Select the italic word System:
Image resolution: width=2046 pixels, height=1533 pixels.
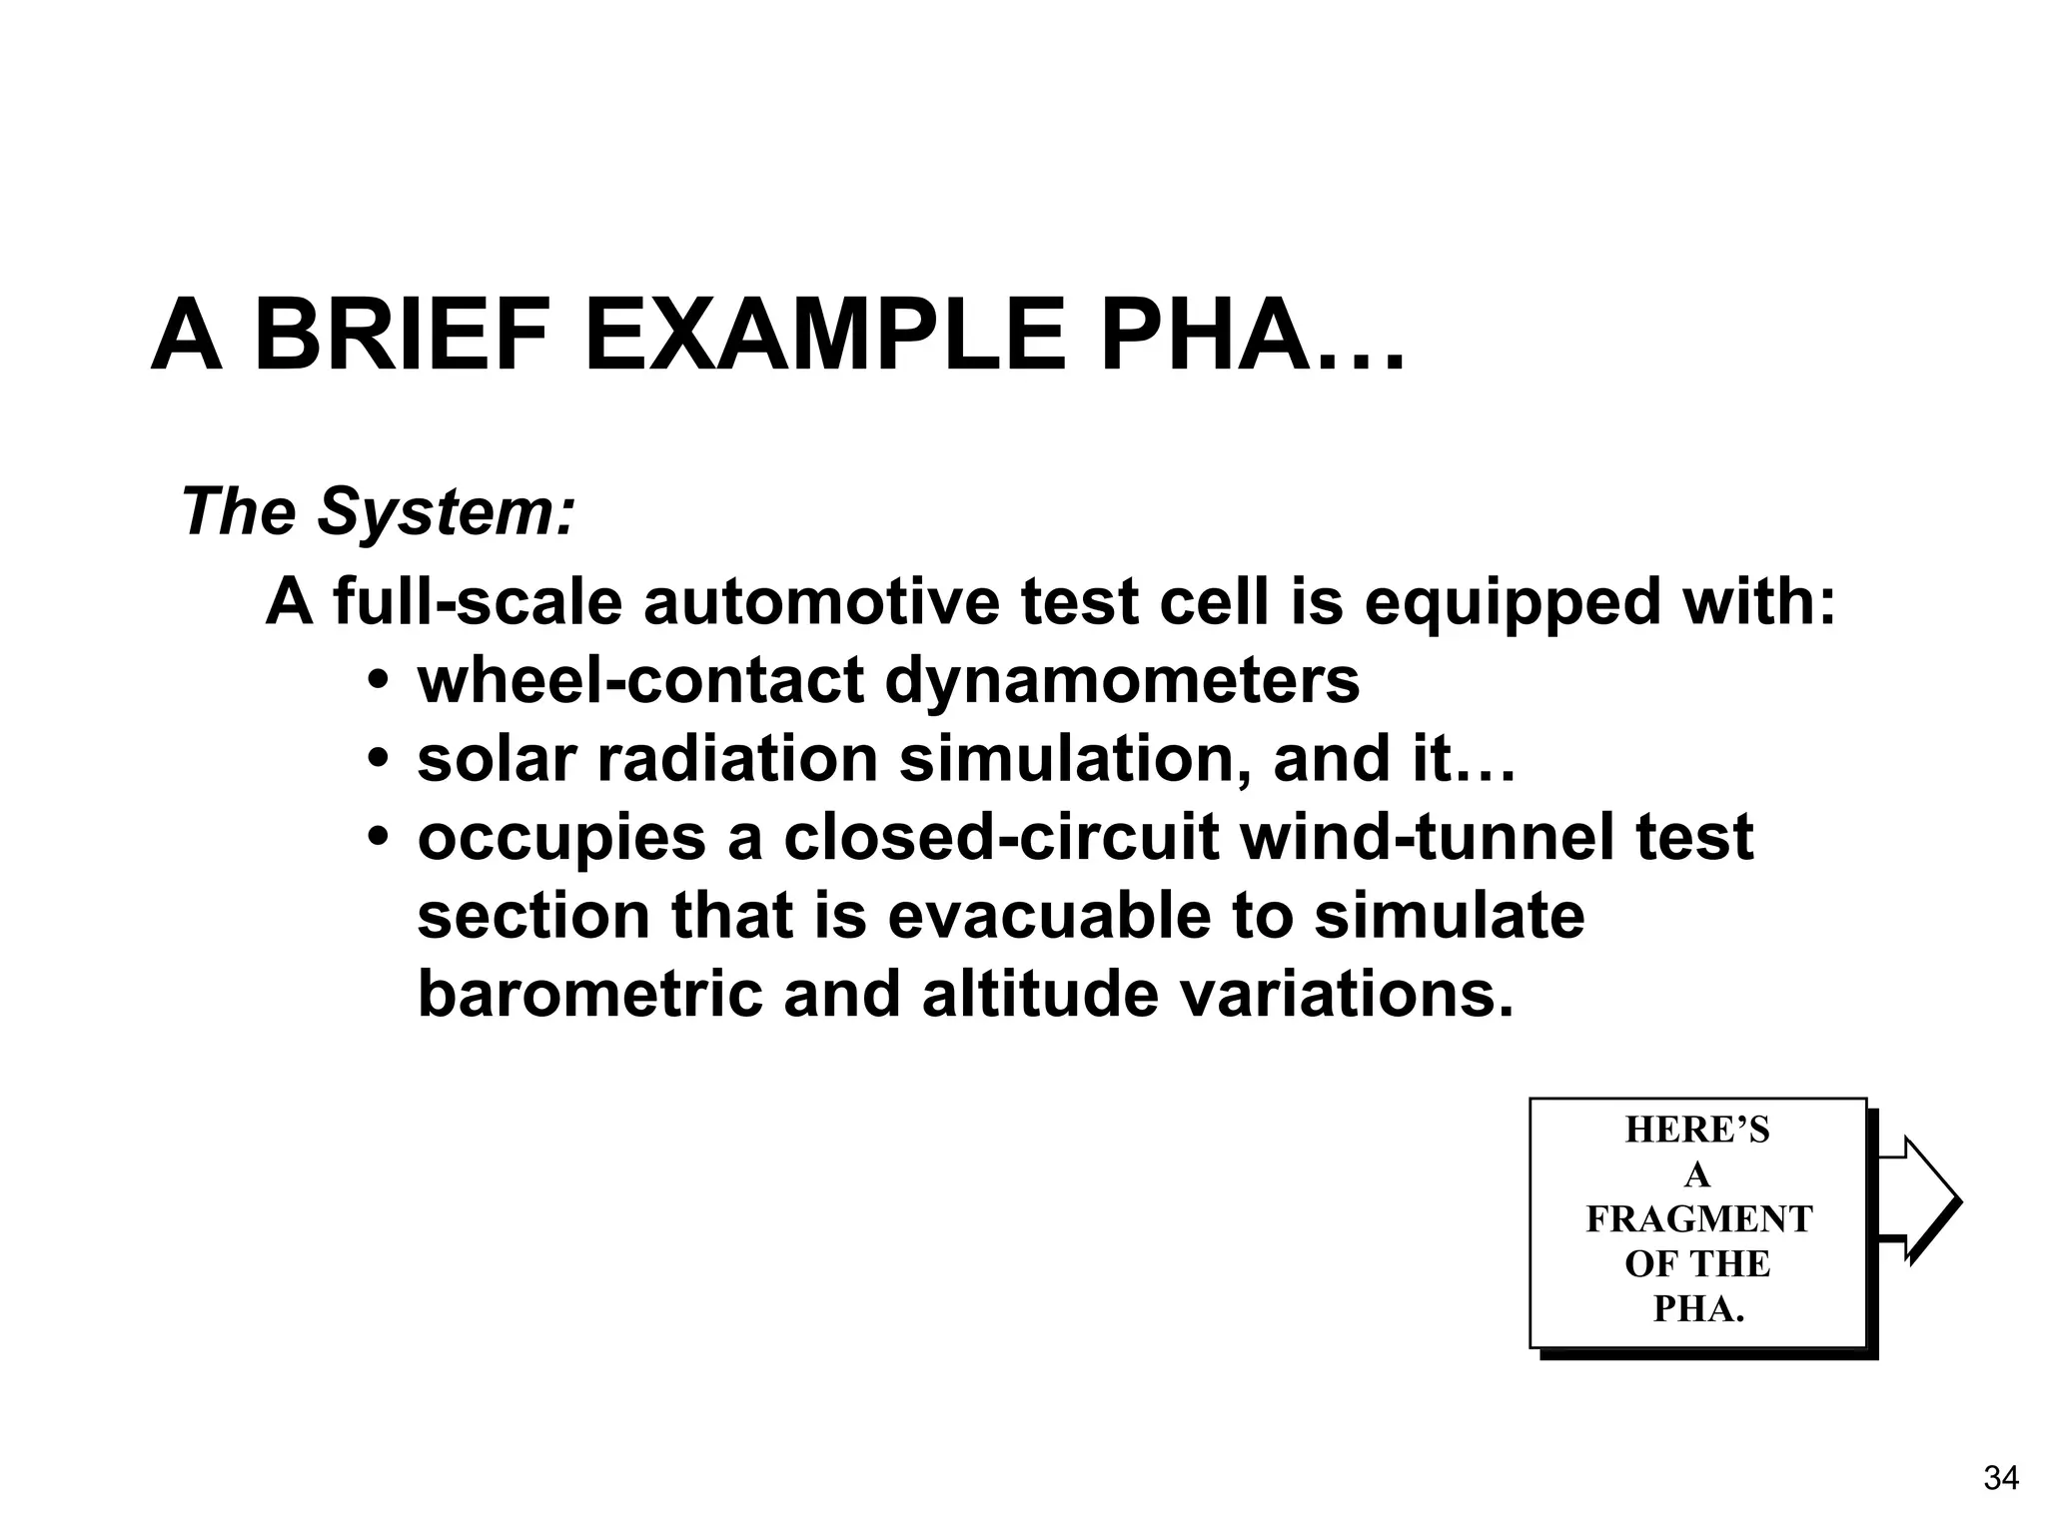446,511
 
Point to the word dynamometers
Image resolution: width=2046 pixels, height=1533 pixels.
1122,681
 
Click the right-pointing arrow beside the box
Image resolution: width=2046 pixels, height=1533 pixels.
1917,1199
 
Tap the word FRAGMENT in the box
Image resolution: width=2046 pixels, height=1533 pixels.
1698,1219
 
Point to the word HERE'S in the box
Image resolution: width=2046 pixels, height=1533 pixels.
1697,1130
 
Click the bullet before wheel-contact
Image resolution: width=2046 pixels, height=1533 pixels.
378,683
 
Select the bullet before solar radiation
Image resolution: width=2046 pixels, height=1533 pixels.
378,761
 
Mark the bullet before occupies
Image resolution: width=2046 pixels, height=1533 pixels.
378,839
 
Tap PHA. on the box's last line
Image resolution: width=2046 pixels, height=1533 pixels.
1698,1309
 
